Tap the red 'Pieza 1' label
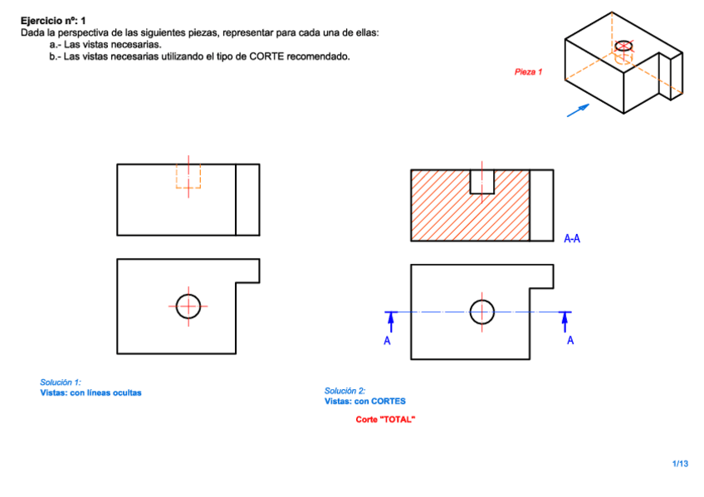pos(528,72)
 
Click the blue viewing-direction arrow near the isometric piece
pos(578,110)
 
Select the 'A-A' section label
pos(572,239)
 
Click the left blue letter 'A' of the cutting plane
pos(387,340)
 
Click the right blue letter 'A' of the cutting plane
pos(570,340)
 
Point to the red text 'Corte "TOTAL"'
pos(385,419)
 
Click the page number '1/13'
pos(680,463)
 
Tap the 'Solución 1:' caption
pos(61,382)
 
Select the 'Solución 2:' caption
pos(345,391)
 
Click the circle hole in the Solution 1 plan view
pos(188,305)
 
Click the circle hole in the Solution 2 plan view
pos(482,312)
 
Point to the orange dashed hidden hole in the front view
pos(188,176)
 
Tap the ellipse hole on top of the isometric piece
pos(624,45)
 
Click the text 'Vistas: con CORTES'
pos(364,401)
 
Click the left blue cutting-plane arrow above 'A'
pos(392,320)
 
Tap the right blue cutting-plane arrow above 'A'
pos(566,320)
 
